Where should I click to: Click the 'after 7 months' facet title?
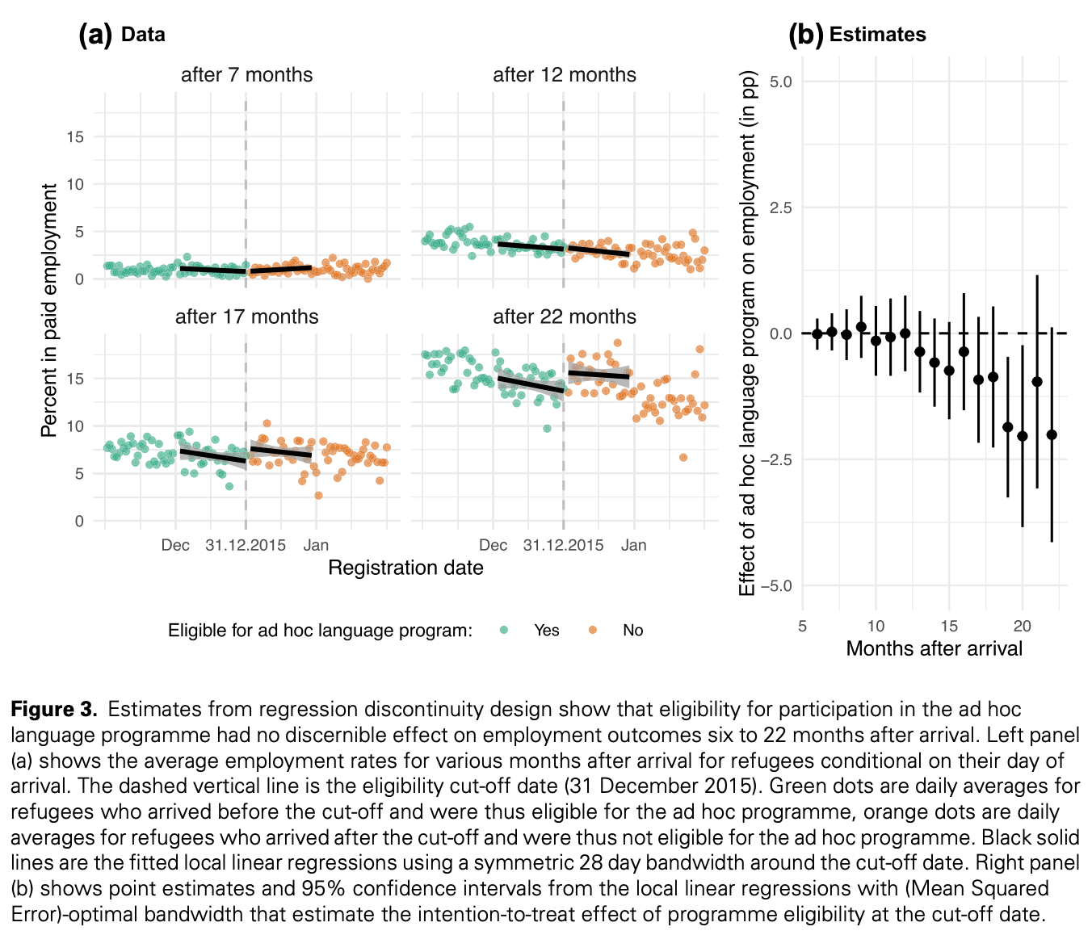point(246,75)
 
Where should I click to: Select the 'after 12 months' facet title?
point(565,75)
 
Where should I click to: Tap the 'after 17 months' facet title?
point(246,317)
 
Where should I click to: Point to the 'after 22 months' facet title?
point(565,317)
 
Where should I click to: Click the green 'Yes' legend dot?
point(504,631)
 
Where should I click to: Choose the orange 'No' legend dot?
point(592,631)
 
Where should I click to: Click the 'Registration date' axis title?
point(405,568)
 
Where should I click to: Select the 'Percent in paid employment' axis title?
point(49,310)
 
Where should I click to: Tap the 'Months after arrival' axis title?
point(934,648)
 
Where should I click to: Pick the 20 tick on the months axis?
point(1023,626)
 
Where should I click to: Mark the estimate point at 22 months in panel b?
point(1052,434)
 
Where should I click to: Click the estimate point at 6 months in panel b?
point(817,333)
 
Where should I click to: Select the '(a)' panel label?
point(95,35)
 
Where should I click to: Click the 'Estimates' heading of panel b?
point(877,35)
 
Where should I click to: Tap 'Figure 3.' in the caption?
point(54,710)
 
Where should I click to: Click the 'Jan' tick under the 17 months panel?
point(317,545)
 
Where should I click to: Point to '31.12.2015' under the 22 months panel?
point(563,545)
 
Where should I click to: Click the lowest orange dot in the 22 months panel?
point(683,457)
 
